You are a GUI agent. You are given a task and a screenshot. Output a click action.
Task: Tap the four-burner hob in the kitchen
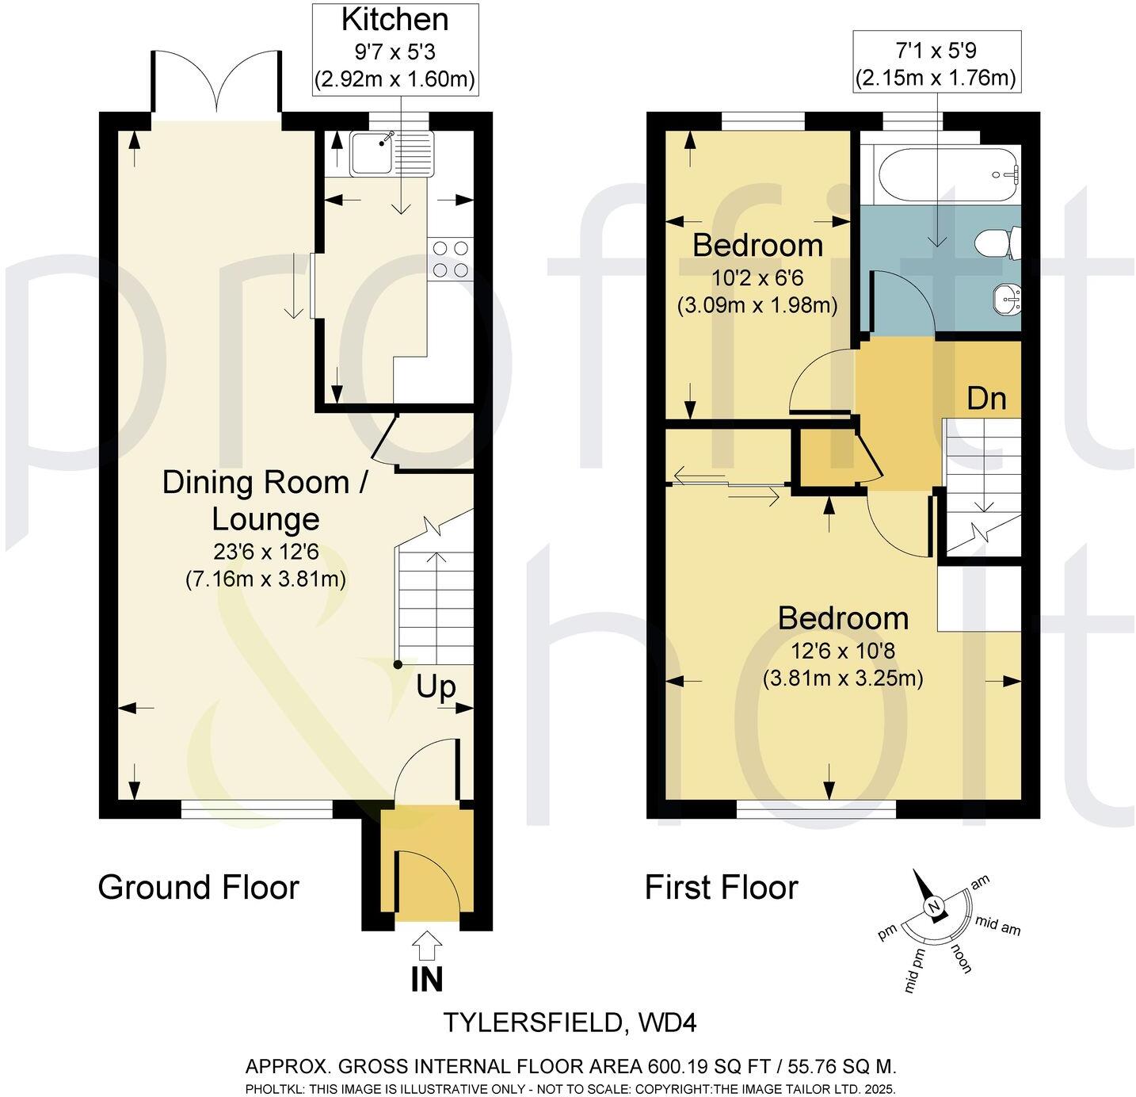click(x=450, y=258)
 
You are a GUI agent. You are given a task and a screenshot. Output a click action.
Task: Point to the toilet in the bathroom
click(x=1000, y=242)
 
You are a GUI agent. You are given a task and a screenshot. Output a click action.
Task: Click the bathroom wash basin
click(x=1006, y=300)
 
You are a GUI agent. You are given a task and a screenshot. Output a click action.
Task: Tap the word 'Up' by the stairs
click(x=436, y=686)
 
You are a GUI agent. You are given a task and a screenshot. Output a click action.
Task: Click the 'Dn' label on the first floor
click(x=986, y=397)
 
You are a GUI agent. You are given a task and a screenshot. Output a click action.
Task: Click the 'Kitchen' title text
click(x=395, y=20)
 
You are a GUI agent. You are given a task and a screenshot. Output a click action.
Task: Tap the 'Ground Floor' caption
click(x=198, y=887)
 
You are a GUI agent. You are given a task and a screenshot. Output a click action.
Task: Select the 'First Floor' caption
click(x=721, y=887)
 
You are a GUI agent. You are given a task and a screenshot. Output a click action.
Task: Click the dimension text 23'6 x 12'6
click(x=265, y=552)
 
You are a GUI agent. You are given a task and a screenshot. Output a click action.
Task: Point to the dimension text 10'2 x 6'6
click(x=757, y=278)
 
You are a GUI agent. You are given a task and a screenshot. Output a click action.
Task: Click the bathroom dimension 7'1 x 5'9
click(x=936, y=52)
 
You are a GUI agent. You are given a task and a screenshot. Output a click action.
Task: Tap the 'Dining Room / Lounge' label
click(x=265, y=500)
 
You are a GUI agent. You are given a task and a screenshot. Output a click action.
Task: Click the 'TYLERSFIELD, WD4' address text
click(x=569, y=1022)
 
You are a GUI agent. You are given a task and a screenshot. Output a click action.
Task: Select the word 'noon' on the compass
click(x=962, y=957)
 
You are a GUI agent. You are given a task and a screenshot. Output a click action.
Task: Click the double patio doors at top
click(x=215, y=83)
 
